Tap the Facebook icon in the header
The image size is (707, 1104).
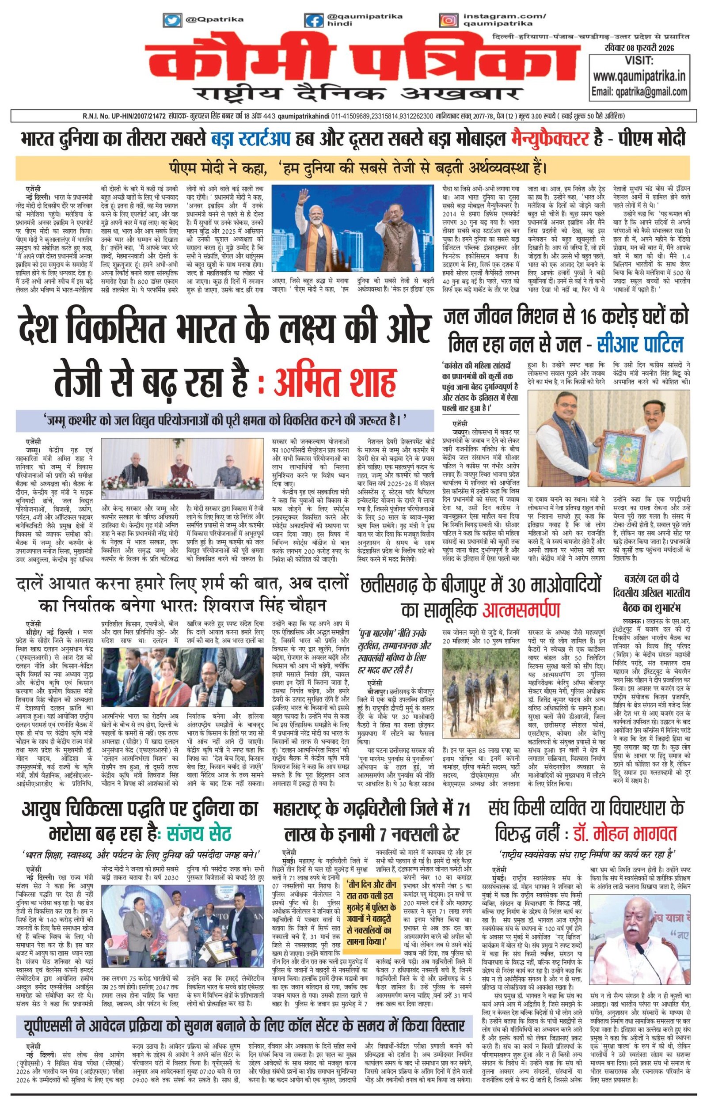click(x=315, y=21)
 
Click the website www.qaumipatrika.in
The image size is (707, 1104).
click(x=639, y=76)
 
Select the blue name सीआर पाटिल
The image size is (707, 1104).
click(x=640, y=344)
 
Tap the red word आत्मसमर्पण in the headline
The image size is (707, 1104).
click(x=521, y=610)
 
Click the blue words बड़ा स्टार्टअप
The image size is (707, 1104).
click(x=251, y=138)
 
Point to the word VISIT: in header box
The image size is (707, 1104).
click(x=639, y=61)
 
